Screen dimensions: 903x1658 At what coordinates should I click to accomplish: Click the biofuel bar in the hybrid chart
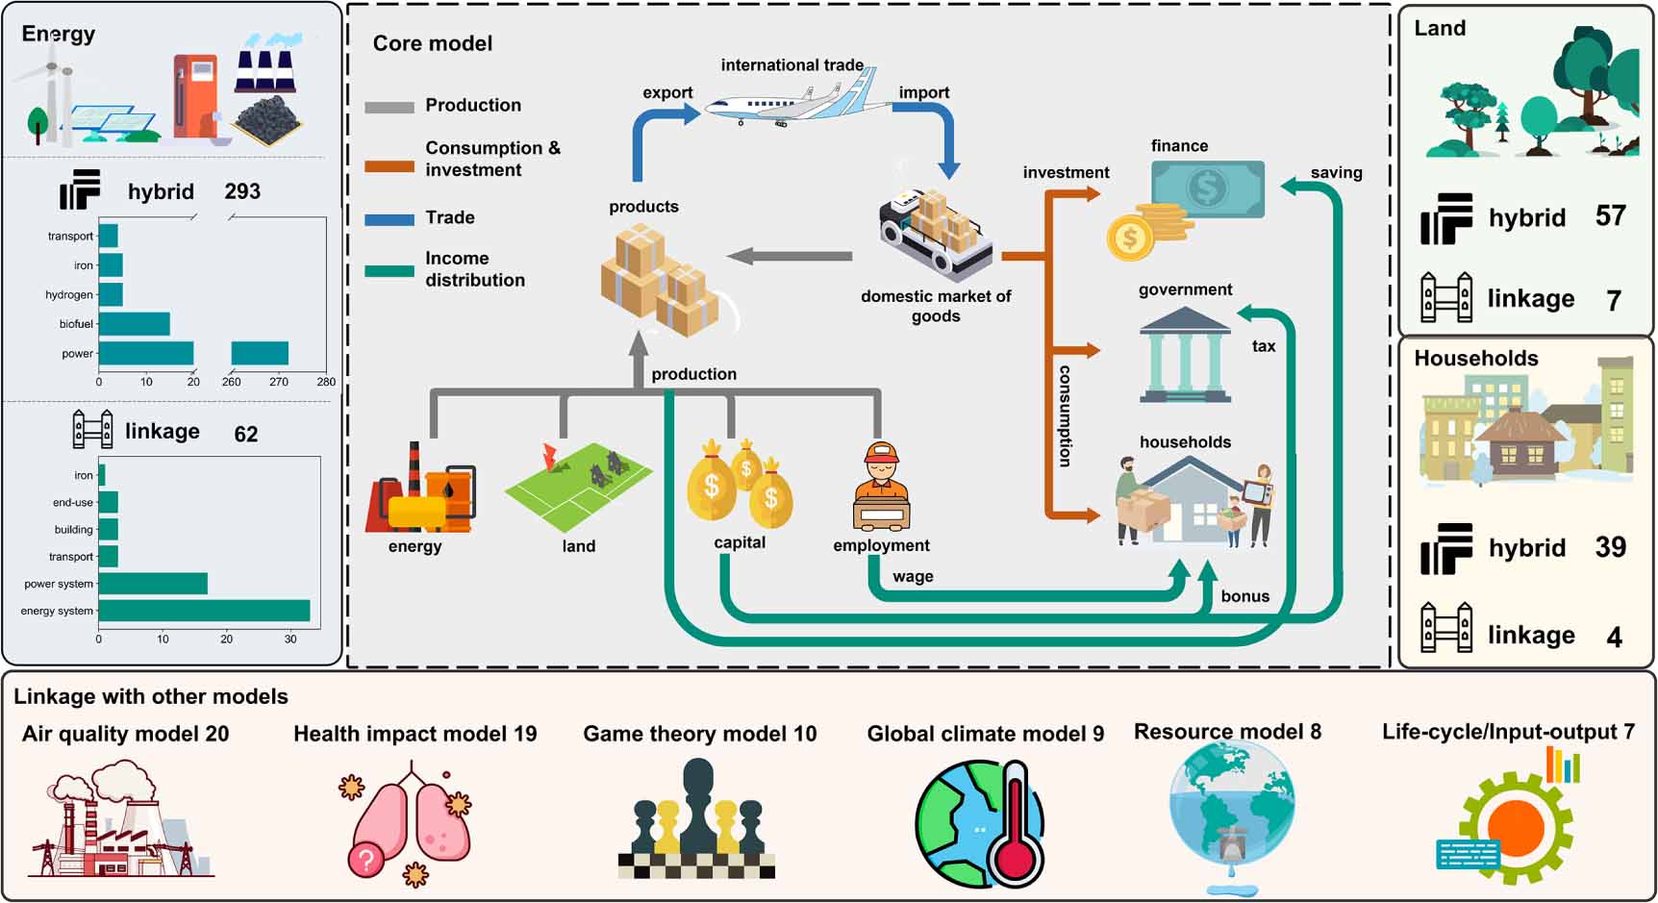(134, 324)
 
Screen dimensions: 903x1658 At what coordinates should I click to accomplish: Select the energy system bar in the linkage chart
(204, 611)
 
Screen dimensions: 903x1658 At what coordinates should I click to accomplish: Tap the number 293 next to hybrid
(242, 191)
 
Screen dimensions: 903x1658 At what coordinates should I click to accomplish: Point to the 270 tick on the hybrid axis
(279, 382)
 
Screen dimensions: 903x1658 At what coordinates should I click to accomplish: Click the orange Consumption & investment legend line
(389, 166)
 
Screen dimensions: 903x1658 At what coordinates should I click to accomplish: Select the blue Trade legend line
(389, 219)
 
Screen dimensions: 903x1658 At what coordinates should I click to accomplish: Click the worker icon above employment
(881, 487)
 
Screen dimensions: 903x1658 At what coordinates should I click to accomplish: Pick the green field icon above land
(579, 486)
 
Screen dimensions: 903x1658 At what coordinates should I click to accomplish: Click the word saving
(1336, 173)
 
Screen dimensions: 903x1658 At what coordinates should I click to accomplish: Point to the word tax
(1264, 346)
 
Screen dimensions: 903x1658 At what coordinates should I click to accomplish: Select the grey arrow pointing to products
(790, 256)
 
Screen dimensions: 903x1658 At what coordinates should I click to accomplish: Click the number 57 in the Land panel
(1610, 216)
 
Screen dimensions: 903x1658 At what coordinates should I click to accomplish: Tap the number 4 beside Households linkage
(1614, 637)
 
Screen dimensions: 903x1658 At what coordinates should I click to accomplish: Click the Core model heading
(432, 43)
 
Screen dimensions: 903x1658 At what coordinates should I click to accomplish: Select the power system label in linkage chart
(59, 584)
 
